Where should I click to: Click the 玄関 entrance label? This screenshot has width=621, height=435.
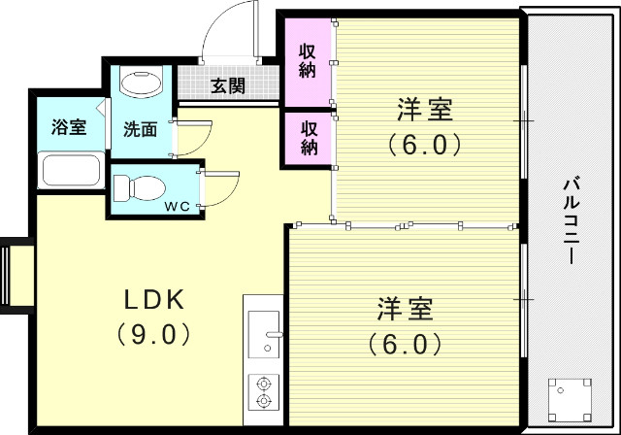(228, 86)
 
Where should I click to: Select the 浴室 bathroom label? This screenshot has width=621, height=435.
(68, 127)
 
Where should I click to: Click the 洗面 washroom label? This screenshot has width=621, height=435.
(140, 129)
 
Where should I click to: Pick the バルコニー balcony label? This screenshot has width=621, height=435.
(572, 221)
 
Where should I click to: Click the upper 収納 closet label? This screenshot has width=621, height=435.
(308, 60)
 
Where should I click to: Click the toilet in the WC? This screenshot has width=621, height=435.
(137, 184)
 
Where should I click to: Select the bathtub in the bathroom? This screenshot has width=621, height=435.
(70, 171)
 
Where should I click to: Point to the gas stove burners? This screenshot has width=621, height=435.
(262, 390)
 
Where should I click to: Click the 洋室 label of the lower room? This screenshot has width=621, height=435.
(406, 310)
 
